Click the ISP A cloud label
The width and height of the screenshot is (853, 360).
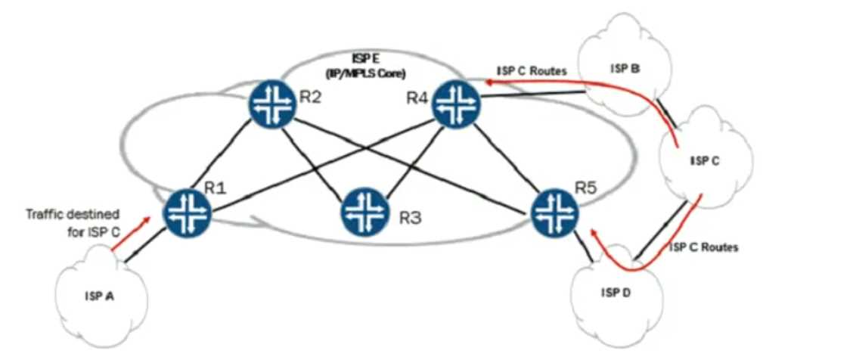pos(99,296)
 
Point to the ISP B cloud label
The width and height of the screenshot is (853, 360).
pos(625,70)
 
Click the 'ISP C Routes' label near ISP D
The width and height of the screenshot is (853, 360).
pos(703,247)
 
